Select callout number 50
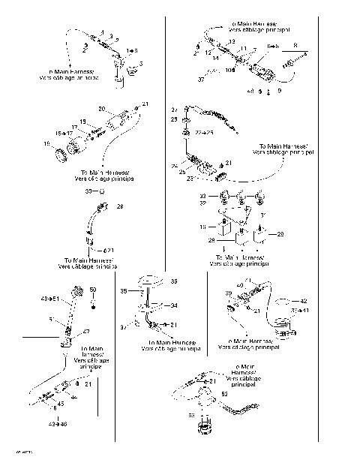point(93,290)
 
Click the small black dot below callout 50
point(93,305)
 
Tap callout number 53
point(191,413)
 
